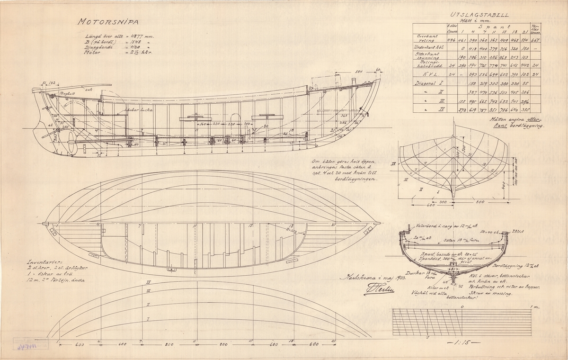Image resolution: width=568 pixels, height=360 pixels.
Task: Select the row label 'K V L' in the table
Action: click(430, 74)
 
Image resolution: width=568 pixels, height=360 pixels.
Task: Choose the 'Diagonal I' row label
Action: click(427, 83)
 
